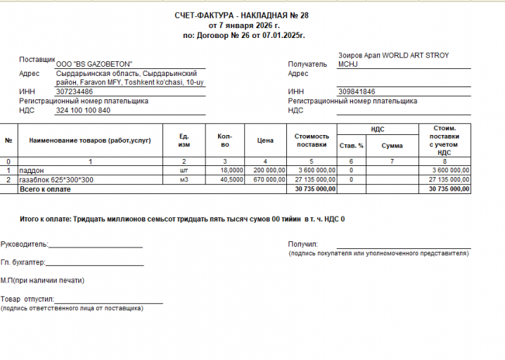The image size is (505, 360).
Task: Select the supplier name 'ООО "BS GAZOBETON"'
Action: [94, 63]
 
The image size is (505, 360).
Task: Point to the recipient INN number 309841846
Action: [357, 92]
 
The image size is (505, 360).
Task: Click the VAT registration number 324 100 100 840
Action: [83, 110]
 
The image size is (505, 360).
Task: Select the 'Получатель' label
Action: [307, 64]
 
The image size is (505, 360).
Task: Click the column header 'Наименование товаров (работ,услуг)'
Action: [85, 141]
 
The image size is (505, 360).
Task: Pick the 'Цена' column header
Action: [265, 141]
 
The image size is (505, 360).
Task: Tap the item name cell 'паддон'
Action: [32, 170]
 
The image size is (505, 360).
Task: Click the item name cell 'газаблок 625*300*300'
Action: [53, 179]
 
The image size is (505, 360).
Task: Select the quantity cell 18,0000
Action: [231, 170]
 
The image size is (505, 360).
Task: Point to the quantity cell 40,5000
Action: [231, 179]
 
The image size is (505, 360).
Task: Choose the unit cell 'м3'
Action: [184, 179]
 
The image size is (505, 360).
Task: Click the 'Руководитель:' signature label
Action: [24, 245]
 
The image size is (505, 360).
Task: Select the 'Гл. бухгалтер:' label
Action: [23, 262]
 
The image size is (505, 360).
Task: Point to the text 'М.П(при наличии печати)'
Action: [43, 281]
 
